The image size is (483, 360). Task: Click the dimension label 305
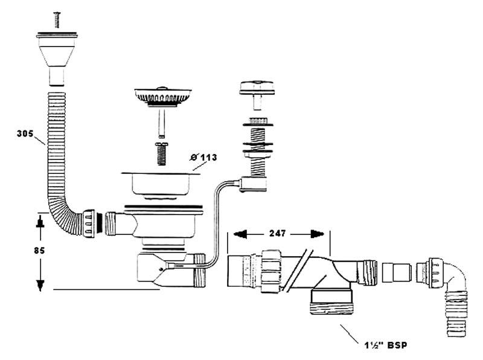[x=26, y=134]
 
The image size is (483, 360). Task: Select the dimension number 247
[x=278, y=233]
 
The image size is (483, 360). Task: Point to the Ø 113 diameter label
[x=202, y=158]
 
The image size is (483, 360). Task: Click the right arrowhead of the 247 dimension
[x=318, y=233]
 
